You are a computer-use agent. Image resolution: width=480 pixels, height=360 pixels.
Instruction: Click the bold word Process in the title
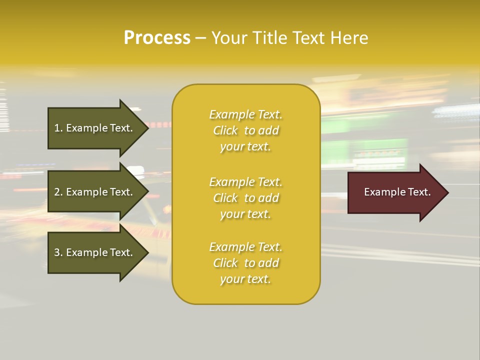pyautogui.click(x=157, y=38)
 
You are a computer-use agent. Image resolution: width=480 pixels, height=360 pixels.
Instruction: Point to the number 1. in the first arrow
pyautogui.click(x=58, y=128)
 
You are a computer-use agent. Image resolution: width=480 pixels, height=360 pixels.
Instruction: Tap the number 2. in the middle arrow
pyautogui.click(x=58, y=192)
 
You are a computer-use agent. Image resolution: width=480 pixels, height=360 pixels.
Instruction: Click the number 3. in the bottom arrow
pyautogui.click(x=58, y=252)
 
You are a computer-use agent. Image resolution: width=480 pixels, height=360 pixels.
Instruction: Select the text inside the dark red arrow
pyautogui.click(x=397, y=192)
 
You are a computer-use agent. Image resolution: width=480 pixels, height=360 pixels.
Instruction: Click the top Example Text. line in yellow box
pyautogui.click(x=245, y=114)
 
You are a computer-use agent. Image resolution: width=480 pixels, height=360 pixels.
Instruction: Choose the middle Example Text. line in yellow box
pyautogui.click(x=245, y=182)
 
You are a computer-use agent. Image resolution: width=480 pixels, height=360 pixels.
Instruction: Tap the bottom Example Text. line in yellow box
pyautogui.click(x=245, y=247)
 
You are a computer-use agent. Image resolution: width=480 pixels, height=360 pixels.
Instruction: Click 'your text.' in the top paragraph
pyautogui.click(x=245, y=147)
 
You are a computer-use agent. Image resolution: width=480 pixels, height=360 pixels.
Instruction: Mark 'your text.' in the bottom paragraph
pyautogui.click(x=245, y=279)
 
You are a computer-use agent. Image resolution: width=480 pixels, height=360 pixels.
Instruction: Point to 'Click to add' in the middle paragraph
pyautogui.click(x=245, y=198)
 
